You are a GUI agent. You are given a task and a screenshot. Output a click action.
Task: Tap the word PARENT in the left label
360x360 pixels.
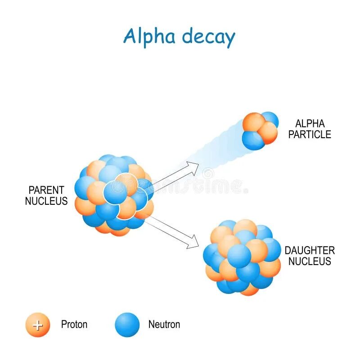click(46, 190)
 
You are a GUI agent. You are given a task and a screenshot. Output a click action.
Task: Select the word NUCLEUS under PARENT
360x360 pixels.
click(46, 201)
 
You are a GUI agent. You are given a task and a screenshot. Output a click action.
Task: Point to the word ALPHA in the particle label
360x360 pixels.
click(310, 123)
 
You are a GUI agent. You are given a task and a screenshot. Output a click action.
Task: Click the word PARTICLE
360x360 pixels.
click(310, 134)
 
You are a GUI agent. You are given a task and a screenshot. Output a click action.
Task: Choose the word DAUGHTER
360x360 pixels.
click(310, 250)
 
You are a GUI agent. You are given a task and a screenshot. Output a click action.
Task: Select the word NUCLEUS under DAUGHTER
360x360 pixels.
click(310, 261)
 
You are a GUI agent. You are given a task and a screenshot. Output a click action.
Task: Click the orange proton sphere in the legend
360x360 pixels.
click(38, 324)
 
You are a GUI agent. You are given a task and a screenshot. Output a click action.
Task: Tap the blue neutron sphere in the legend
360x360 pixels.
click(127, 324)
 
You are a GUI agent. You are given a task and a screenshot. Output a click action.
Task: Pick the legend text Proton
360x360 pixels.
click(74, 324)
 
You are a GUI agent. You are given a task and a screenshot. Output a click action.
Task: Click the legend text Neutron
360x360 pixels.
click(164, 324)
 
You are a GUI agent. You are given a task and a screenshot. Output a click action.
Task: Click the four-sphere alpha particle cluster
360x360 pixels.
click(260, 130)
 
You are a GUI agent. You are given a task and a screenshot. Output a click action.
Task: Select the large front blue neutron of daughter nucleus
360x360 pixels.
click(239, 255)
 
